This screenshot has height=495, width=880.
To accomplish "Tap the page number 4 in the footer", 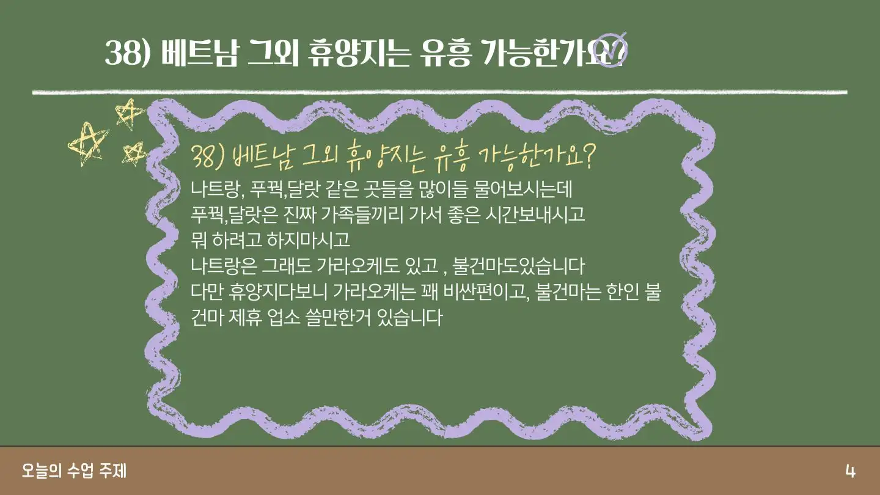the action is point(850,471).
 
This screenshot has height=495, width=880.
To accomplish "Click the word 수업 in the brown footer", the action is point(80,471).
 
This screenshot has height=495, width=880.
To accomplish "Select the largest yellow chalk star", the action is point(87,144).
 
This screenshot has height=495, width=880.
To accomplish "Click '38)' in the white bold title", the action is point(128,53).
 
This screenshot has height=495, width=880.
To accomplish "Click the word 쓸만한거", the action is point(337,317).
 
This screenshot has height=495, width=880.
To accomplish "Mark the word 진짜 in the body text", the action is point(299,215).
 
